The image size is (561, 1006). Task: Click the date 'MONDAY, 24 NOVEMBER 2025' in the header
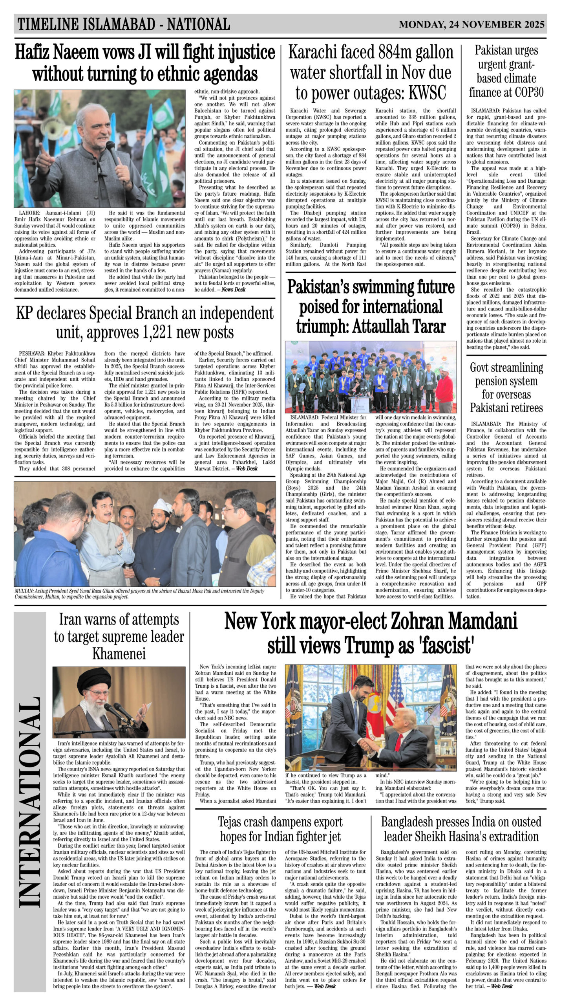coord(471,25)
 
